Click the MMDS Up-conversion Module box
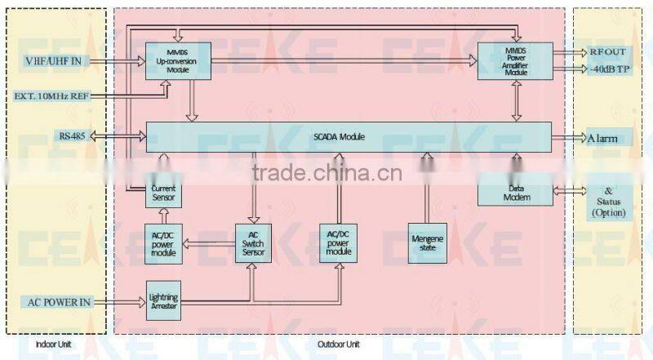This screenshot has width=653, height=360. click(178, 61)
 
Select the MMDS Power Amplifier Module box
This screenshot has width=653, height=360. click(515, 61)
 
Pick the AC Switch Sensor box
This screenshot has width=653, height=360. click(252, 242)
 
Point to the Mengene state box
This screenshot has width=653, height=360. click(427, 242)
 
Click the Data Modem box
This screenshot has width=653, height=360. click(516, 192)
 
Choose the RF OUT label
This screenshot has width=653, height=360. click(610, 51)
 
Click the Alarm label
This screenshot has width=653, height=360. click(609, 138)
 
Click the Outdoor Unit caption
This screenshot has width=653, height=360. click(339, 345)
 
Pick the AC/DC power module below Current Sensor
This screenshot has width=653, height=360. click(162, 242)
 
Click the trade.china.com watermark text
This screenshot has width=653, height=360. click(325, 172)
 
